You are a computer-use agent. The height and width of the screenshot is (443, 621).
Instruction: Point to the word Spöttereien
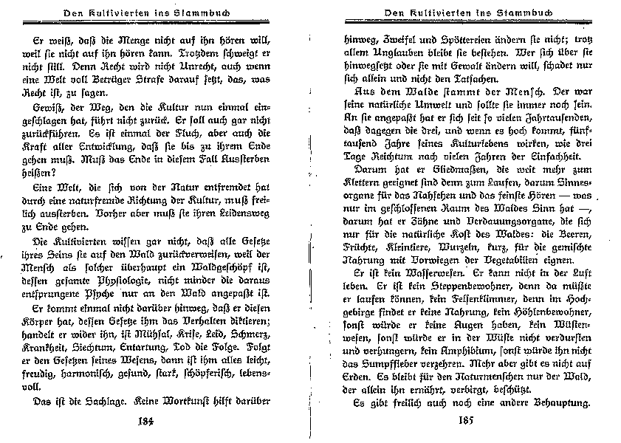coord(453,39)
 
